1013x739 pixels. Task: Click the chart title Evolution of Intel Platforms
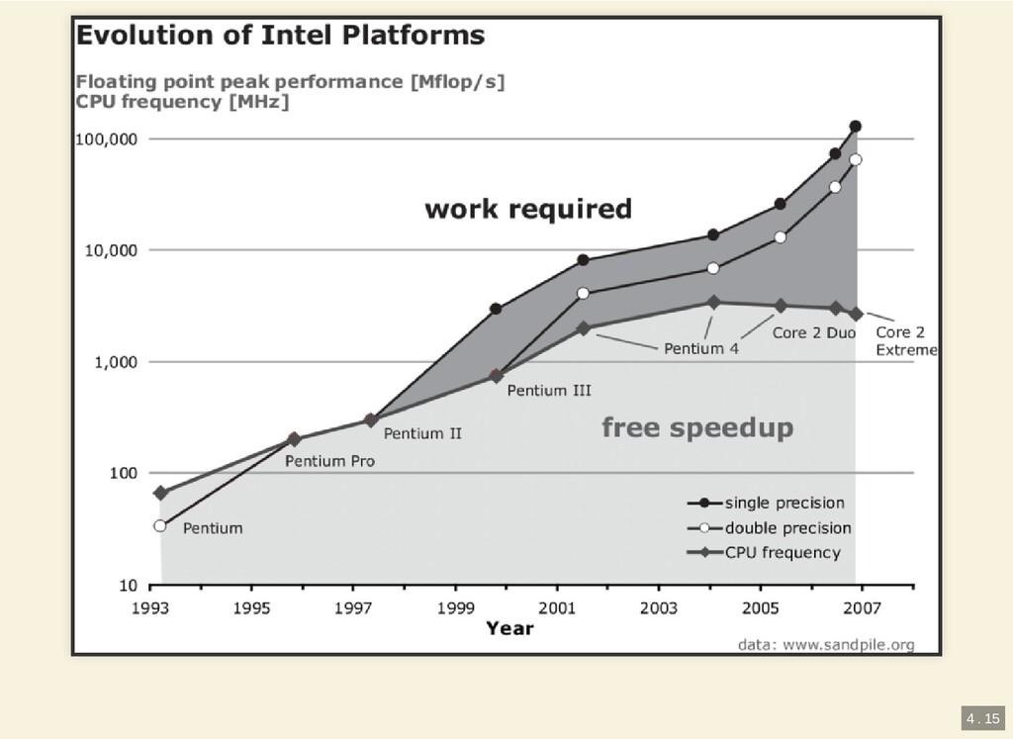point(281,37)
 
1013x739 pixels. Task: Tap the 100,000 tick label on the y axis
point(107,139)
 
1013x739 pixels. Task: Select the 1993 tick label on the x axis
point(150,609)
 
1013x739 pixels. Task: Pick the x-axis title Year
point(509,629)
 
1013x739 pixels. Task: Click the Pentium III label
point(549,391)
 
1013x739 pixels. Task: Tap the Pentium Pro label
point(329,461)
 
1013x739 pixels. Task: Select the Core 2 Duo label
point(813,333)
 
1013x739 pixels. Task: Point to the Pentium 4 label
point(700,348)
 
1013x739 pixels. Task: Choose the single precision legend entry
point(784,503)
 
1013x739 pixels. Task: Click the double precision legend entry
point(787,528)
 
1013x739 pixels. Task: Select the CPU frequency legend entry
point(783,553)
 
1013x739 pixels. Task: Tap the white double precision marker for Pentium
point(160,526)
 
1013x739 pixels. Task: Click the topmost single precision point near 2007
point(856,127)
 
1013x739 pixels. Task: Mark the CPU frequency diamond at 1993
point(160,493)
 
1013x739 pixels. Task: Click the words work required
point(527,210)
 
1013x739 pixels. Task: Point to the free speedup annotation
point(697,428)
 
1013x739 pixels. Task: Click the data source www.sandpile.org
point(826,645)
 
